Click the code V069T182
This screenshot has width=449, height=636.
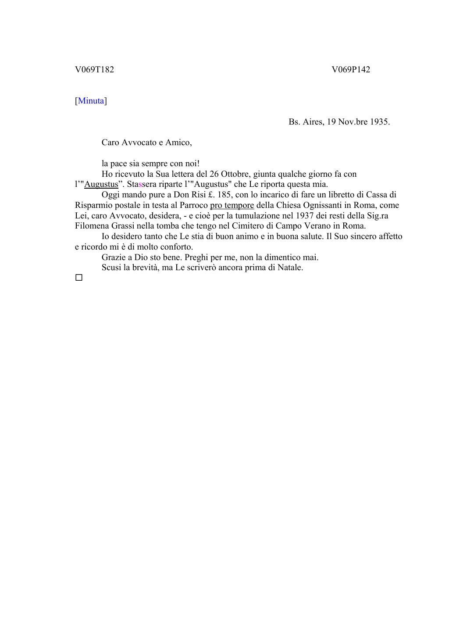point(94,70)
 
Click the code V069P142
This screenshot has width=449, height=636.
point(351,70)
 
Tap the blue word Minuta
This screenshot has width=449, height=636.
point(91,101)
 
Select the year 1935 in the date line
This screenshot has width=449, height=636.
point(379,122)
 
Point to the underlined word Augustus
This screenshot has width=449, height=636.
point(101,184)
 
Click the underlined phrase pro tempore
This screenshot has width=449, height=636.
point(232,205)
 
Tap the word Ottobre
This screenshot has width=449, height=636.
point(235,174)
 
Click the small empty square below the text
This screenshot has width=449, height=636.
point(79,278)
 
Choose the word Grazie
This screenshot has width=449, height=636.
point(113,257)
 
